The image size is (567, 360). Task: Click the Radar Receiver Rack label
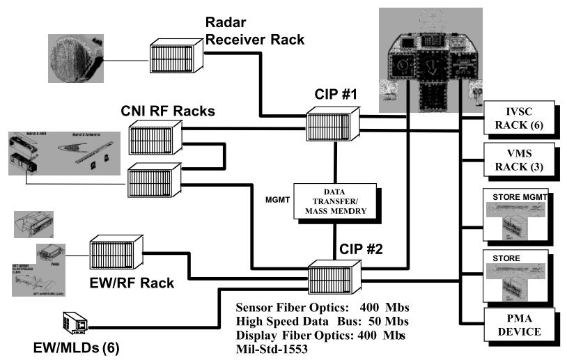point(254,31)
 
